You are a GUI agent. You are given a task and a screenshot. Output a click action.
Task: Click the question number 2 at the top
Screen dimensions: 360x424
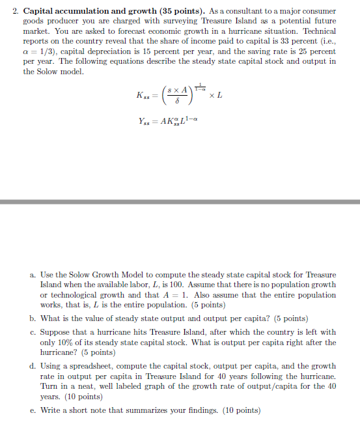16,12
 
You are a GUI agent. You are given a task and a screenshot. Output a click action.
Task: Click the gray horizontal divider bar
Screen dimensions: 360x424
180,202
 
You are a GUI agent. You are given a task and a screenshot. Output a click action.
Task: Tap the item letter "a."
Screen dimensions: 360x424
33,276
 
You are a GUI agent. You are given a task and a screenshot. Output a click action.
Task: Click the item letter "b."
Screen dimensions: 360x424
33,318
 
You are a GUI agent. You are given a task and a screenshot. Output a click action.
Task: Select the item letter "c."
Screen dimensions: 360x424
33,332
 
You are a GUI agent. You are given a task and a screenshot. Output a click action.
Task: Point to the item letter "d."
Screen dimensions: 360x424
33,366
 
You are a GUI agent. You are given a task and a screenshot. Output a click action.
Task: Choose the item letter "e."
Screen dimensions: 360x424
33,410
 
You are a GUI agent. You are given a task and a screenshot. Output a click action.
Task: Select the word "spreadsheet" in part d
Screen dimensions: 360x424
91,366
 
